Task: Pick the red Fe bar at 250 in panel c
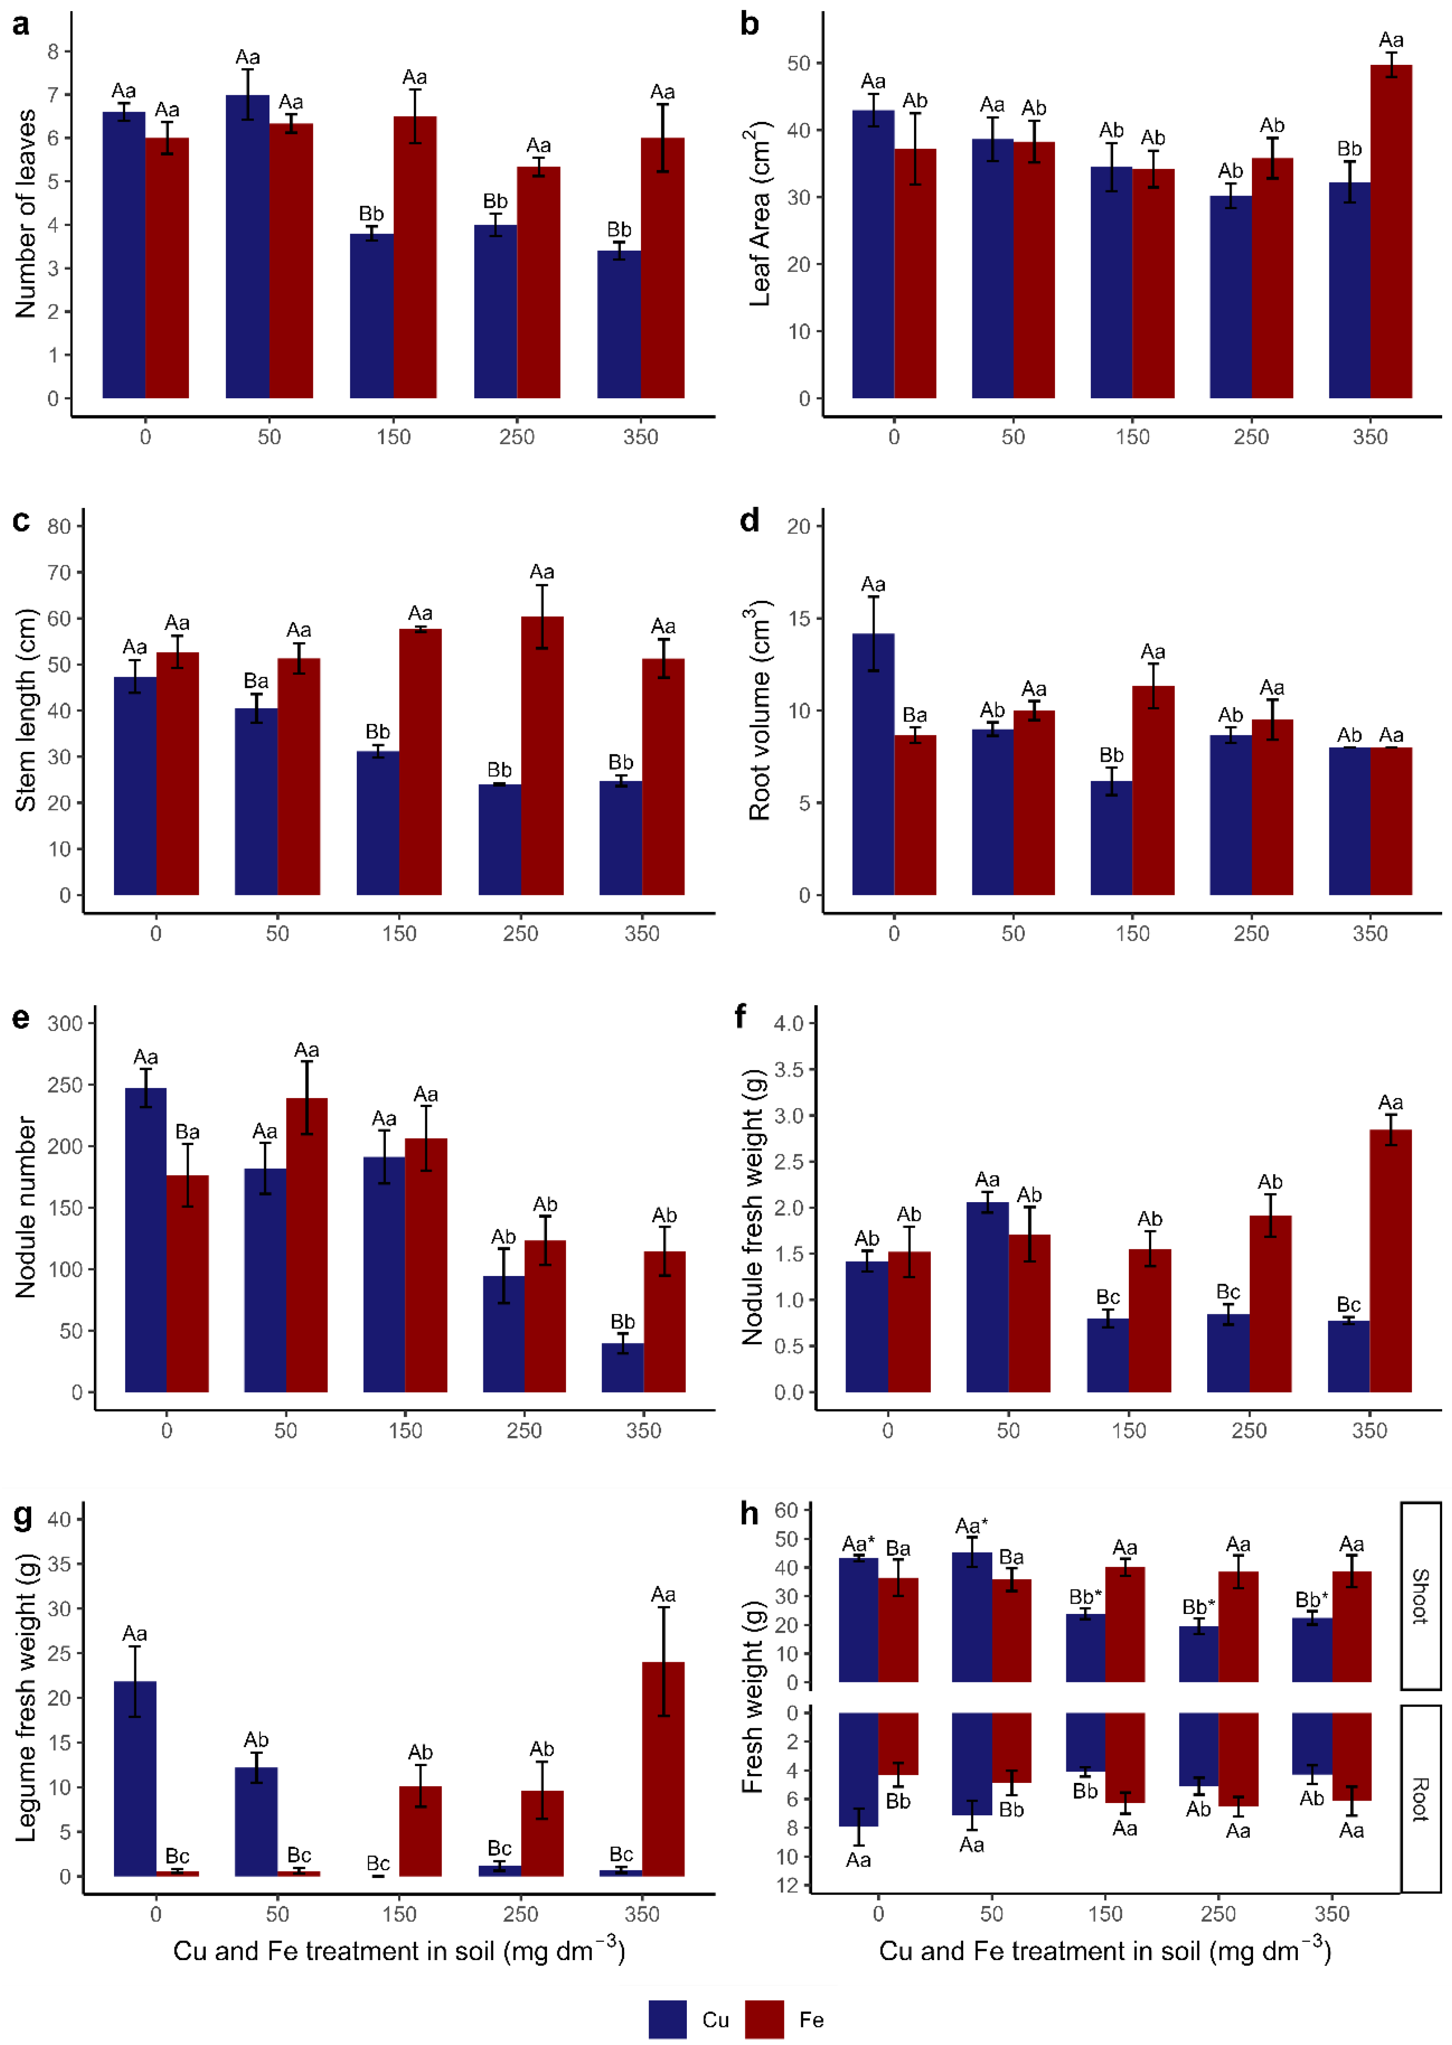[542, 755]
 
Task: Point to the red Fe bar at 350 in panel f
[1390, 1261]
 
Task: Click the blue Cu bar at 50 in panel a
[248, 246]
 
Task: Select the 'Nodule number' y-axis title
[25, 1207]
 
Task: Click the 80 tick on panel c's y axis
[59, 527]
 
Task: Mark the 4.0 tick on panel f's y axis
[789, 1023]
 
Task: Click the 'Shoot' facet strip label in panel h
[1420, 1596]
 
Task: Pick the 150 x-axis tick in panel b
[1132, 437]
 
